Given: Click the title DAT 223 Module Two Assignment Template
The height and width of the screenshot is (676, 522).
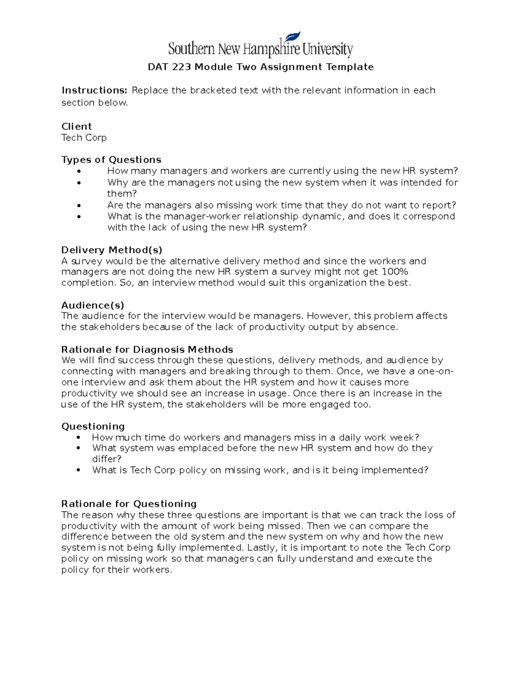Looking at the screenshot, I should point(261,67).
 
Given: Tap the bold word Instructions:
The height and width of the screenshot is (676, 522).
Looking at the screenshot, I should point(94,91).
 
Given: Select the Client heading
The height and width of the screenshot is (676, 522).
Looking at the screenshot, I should point(77,127).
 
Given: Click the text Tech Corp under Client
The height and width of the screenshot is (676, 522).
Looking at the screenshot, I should point(84,138).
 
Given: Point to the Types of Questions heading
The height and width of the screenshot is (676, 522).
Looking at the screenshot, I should point(111,160).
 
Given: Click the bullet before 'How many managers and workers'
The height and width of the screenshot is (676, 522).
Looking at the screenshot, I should point(79,172).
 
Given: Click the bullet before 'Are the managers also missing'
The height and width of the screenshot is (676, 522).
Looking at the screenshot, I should point(79,205).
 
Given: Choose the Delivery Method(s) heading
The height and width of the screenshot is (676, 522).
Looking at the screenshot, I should point(112,250).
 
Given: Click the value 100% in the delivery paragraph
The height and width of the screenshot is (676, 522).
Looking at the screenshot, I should point(395,272).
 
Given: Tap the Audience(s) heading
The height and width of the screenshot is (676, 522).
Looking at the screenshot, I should point(93,305).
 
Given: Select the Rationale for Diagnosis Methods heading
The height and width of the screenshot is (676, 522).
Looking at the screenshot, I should point(147,350).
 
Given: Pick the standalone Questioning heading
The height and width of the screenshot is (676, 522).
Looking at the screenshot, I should point(93,427).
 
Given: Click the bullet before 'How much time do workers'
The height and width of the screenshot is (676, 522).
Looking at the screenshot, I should point(79,437).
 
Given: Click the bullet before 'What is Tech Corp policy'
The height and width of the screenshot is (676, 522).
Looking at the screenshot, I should point(79,471).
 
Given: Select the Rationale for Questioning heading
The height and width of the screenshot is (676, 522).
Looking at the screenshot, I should point(129,504).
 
